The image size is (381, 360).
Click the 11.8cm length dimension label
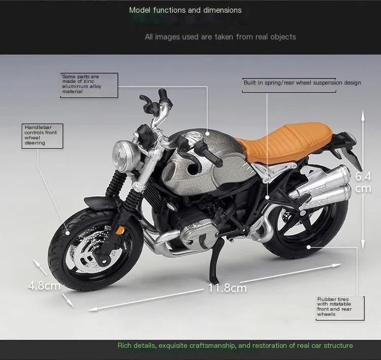(x=227, y=288)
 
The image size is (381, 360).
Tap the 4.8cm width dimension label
(x=44, y=285)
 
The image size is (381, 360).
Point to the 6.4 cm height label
(x=363, y=183)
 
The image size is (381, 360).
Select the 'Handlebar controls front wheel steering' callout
(x=42, y=135)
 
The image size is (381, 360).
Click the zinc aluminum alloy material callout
(x=88, y=84)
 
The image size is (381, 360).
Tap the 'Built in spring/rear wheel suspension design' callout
(x=302, y=82)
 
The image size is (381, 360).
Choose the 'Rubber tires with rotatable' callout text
(x=334, y=307)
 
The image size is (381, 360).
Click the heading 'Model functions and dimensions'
(x=185, y=10)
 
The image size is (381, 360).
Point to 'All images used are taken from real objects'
(x=220, y=37)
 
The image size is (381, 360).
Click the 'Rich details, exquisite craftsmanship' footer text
(x=235, y=346)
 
